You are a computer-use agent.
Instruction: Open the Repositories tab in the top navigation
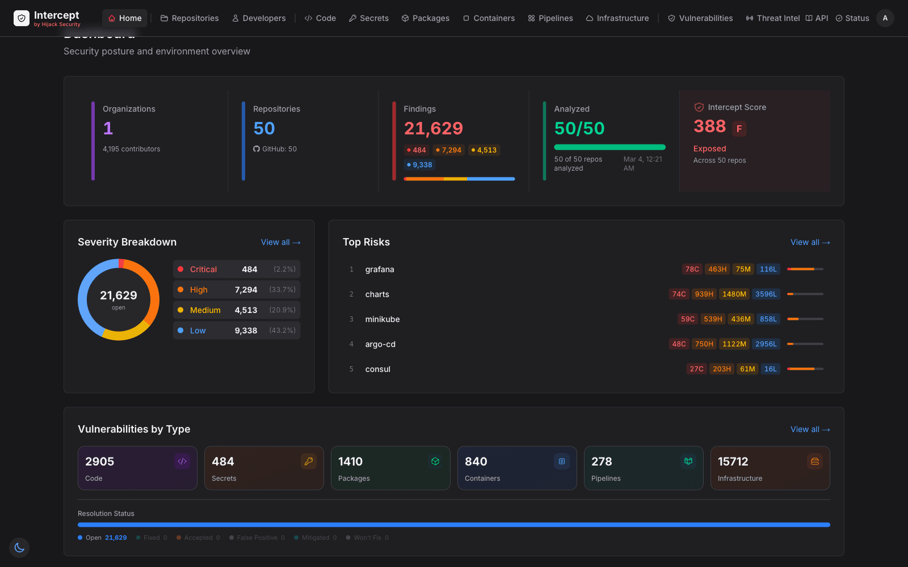(190, 18)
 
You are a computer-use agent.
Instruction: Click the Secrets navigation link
(369, 18)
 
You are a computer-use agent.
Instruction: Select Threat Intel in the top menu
(772, 18)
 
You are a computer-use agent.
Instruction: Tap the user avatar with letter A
(885, 18)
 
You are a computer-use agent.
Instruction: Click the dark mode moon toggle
(19, 548)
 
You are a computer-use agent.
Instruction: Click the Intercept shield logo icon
(22, 18)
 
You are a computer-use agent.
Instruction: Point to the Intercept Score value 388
(709, 126)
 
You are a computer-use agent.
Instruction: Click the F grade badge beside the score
(739, 129)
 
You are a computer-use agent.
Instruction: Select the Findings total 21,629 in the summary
(433, 129)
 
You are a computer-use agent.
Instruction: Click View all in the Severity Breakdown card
(280, 242)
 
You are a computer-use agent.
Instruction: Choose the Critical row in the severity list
(237, 269)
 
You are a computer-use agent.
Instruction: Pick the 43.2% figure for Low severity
(282, 331)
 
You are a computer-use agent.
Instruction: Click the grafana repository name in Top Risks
(380, 269)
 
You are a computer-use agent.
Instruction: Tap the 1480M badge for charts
(734, 294)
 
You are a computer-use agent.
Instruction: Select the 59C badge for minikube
(688, 319)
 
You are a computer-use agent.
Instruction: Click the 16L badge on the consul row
(770, 369)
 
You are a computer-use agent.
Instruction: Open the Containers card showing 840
(517, 468)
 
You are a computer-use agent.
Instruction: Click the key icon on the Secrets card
(309, 462)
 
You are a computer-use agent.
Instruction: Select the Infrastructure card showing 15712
(770, 468)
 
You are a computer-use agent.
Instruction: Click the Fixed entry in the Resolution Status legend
(152, 538)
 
